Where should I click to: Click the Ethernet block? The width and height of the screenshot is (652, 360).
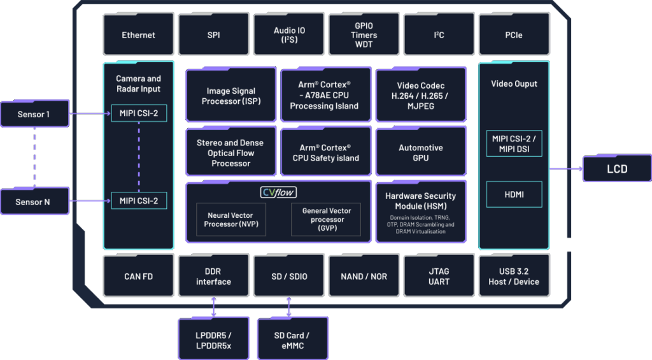(x=138, y=35)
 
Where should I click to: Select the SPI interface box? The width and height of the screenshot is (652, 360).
(x=213, y=35)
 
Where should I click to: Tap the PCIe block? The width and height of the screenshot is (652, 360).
(x=513, y=35)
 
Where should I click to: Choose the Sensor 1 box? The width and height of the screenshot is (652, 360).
(x=34, y=115)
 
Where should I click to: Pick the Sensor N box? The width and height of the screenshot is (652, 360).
(x=34, y=202)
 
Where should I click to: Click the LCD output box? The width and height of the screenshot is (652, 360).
(x=617, y=169)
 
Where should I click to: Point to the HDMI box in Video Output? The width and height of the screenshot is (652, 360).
(x=513, y=194)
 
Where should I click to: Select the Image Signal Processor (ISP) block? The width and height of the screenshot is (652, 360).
(x=231, y=96)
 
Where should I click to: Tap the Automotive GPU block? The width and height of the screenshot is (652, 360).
(x=420, y=153)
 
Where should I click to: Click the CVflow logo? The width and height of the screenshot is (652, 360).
(x=279, y=192)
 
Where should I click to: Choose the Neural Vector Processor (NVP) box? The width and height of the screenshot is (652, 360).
(x=230, y=220)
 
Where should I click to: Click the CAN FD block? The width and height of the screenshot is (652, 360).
(x=138, y=277)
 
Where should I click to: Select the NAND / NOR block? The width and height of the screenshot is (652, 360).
(x=364, y=277)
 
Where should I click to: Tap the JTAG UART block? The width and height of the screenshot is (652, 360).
(x=439, y=277)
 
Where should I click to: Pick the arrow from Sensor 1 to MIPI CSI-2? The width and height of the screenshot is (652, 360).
(x=90, y=114)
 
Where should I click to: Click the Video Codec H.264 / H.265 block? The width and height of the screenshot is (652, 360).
(x=420, y=96)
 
